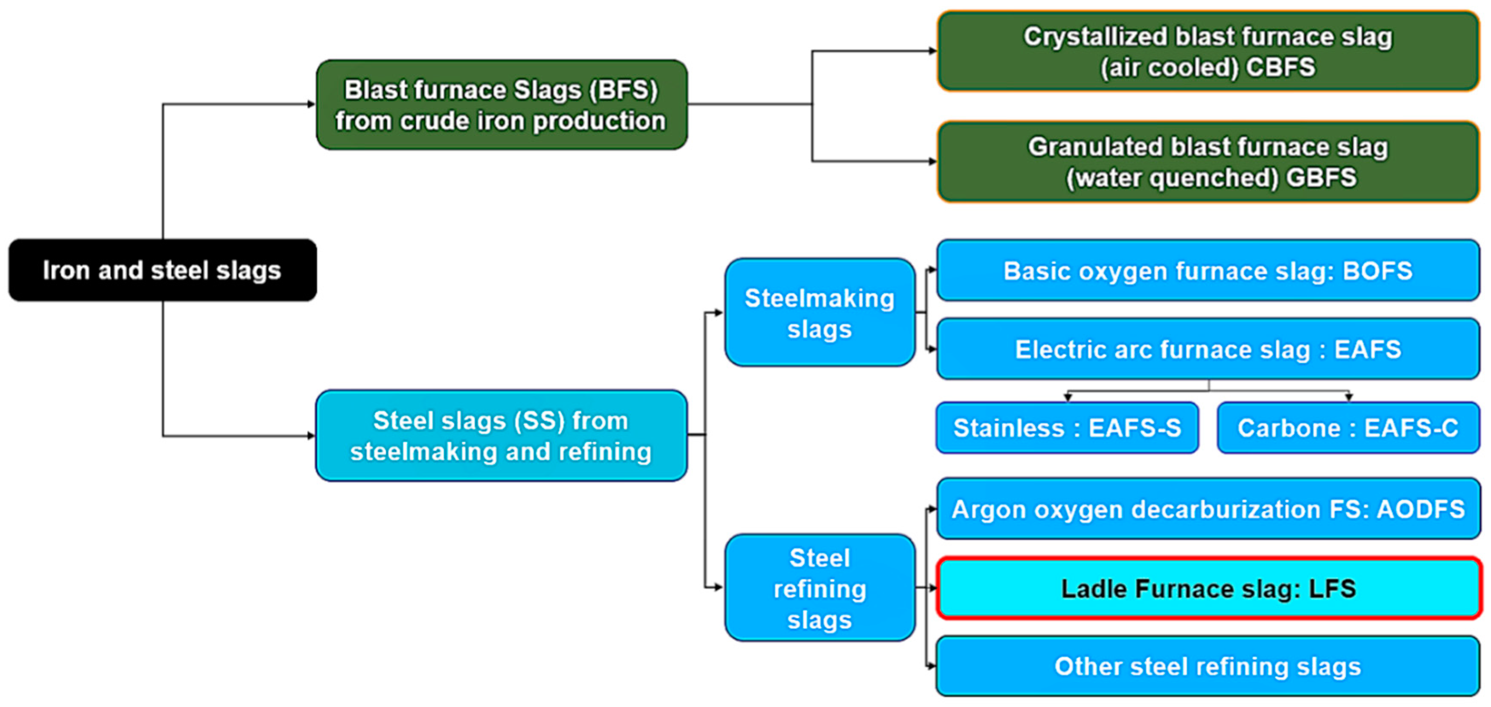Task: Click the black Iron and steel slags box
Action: click(162, 270)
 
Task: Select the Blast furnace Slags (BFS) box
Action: click(501, 105)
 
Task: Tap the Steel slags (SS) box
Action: click(501, 435)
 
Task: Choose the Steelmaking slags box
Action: click(820, 313)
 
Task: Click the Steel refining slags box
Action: click(820, 588)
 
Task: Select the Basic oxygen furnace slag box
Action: click(1208, 270)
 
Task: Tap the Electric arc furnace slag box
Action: click(1208, 349)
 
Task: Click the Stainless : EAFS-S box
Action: click(1067, 428)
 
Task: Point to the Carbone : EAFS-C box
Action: click(1348, 428)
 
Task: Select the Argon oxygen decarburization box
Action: click(1208, 509)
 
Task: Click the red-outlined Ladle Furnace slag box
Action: click(1208, 588)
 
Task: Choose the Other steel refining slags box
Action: click(1208, 666)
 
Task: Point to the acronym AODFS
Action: click(1421, 509)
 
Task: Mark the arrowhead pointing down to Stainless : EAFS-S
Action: click(1068, 397)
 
